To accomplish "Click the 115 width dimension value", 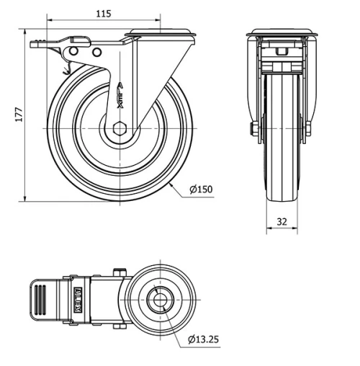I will (104, 14).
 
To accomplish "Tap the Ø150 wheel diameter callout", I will (202, 189).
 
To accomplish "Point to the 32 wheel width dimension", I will (282, 222).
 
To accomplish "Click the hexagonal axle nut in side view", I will (119, 129).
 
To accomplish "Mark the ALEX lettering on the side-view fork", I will (120, 94).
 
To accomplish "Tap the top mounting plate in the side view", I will (160, 32).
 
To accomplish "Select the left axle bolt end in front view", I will (255, 129).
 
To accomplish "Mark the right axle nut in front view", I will (309, 129).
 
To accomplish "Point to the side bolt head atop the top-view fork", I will (120, 272).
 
